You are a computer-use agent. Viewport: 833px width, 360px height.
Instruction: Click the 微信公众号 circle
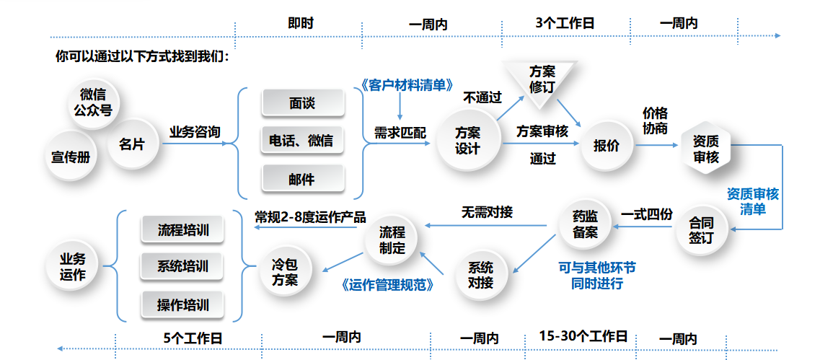97,102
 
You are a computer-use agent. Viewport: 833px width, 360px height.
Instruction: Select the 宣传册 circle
71,156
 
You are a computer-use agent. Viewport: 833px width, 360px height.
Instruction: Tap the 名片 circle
132,144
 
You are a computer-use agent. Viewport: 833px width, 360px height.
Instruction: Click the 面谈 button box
301,103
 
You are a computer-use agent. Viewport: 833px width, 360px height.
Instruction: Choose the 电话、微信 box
301,141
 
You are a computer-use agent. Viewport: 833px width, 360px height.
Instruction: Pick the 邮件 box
301,178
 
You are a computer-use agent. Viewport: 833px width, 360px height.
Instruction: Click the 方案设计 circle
467,140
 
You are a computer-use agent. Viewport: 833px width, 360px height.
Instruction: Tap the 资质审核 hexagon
706,148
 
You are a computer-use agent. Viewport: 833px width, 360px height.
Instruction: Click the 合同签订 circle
700,229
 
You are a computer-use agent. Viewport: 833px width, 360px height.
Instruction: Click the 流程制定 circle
393,240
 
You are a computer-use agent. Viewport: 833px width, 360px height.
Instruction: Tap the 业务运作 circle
72,266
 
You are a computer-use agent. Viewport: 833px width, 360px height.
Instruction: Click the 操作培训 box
182,304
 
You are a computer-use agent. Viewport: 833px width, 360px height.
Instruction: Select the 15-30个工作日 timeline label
583,336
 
